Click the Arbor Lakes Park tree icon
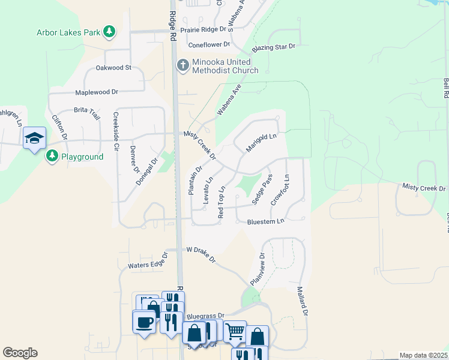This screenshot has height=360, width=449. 109,32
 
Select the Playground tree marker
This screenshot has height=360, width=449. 52,157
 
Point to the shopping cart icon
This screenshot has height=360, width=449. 235,330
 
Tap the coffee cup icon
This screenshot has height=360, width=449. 144,322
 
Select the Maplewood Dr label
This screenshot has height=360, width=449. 97,92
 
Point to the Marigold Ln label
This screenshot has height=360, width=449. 261,142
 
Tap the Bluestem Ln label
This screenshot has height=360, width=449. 265,221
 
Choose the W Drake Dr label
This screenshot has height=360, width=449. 200,253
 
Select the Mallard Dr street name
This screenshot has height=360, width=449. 301,301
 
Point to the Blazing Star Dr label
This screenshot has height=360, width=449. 274,47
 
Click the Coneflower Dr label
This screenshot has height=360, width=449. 209,44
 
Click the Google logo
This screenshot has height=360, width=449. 20,352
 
